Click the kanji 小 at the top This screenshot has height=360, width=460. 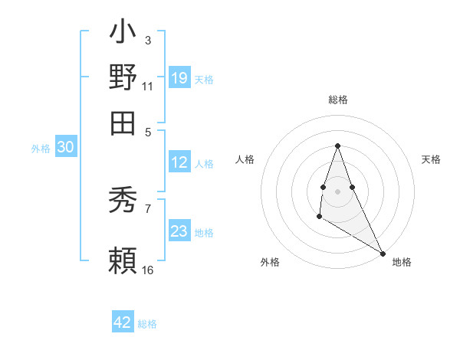click(123, 33)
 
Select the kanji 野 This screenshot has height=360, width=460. click(123, 77)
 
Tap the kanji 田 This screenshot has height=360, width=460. click(123, 120)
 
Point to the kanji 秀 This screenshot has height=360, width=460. click(123, 200)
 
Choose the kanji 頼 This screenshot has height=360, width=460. click(123, 260)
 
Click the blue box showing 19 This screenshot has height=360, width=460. click(179, 77)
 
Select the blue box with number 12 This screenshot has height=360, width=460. click(179, 162)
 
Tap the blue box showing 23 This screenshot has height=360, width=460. click(179, 231)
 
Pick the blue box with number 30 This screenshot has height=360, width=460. click(65, 148)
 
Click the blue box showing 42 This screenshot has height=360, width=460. click(123, 322)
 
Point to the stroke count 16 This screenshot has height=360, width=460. click(147, 270)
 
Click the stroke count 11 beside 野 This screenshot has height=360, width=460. click(147, 86)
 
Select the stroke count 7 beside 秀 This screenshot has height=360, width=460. click(147, 208)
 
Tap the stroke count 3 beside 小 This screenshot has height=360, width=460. click(147, 40)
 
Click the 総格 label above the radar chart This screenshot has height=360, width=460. click(337, 100)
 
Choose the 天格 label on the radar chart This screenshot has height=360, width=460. click(431, 159)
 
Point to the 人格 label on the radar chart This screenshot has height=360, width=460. click(245, 159)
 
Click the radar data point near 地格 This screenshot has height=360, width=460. click(383, 254)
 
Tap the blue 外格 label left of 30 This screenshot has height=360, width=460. click(41, 149)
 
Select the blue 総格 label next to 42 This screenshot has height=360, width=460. click(147, 323)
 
